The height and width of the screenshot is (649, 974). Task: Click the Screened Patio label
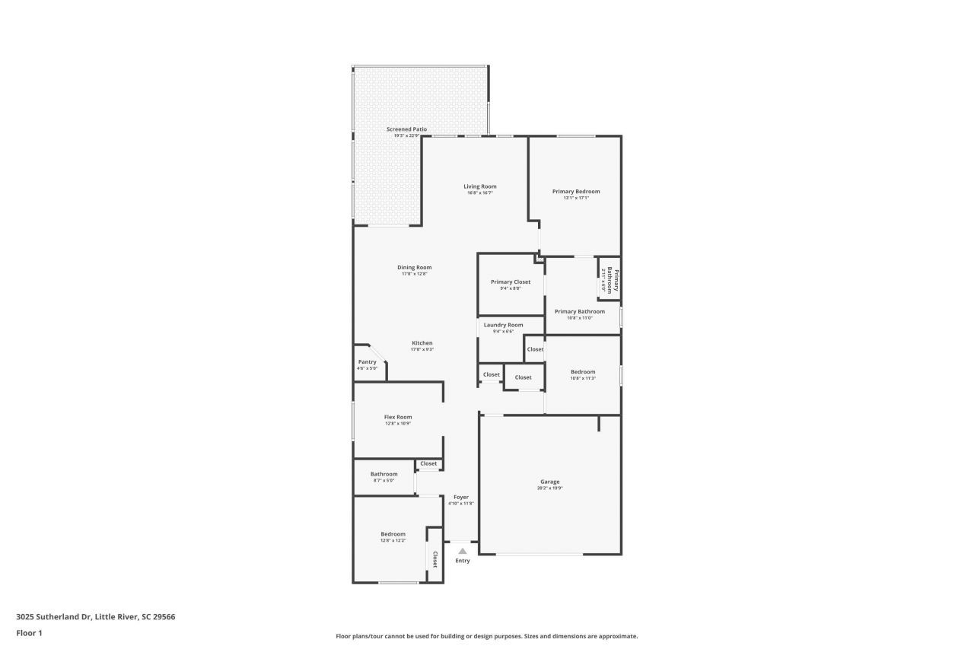point(406,129)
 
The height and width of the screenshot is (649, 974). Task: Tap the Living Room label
point(480,186)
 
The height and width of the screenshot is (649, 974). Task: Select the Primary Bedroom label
point(576,192)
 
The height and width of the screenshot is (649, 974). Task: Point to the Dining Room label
point(414,267)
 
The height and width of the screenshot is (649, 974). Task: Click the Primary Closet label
point(511,282)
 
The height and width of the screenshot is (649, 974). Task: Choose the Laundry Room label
point(503,325)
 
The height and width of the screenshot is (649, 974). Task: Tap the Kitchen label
point(422,343)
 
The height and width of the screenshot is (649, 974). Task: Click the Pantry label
point(367,362)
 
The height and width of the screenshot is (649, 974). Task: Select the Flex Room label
point(398,417)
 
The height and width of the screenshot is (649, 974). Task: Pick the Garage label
point(549,482)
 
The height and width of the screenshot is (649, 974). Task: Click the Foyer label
point(461,497)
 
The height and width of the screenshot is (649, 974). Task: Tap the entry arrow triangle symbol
point(462,551)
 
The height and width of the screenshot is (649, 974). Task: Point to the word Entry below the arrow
point(463,561)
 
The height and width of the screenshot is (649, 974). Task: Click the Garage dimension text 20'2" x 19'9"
point(549,488)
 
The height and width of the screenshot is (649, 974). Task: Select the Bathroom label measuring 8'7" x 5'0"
point(384,474)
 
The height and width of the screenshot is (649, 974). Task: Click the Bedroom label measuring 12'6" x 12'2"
point(393,534)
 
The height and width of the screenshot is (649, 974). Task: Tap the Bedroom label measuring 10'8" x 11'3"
point(583,372)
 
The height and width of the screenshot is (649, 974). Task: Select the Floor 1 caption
point(29,633)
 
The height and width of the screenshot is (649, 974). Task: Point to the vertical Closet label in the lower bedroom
point(435,560)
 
